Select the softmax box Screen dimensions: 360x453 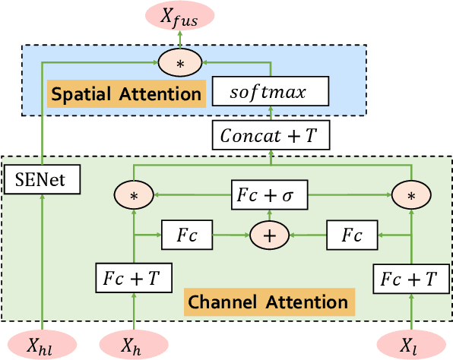(271, 93)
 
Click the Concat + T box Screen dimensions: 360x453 (271, 136)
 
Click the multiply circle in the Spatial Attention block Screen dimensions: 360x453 (180, 64)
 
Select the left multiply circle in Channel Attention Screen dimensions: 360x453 (135, 195)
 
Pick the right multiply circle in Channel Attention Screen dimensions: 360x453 (410, 195)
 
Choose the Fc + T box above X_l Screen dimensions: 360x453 (410, 279)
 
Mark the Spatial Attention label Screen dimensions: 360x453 (127, 94)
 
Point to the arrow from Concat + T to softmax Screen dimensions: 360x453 (271, 115)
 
